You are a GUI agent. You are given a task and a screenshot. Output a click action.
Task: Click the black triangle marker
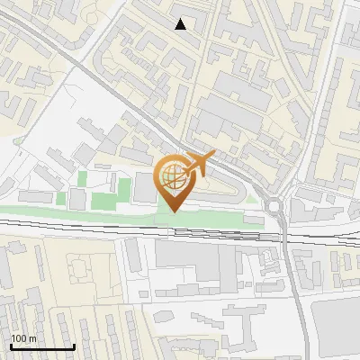pyautogui.click(x=181, y=24)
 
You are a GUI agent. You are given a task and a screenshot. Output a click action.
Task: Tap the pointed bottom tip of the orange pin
pyautogui.click(x=174, y=211)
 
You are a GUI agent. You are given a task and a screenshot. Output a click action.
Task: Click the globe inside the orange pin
pyautogui.click(x=174, y=177)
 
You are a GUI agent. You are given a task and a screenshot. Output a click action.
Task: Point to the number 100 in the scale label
pyautogui.click(x=19, y=338)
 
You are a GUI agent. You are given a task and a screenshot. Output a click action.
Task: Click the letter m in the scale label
pyautogui.click(x=32, y=338)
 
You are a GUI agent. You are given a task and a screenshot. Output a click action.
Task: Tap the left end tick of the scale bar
pyautogui.click(x=11, y=346)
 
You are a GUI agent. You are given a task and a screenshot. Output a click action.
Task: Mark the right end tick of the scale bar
pyautogui.click(x=74, y=346)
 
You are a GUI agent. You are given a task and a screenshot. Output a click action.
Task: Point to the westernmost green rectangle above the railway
pyautogui.click(x=61, y=198)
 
